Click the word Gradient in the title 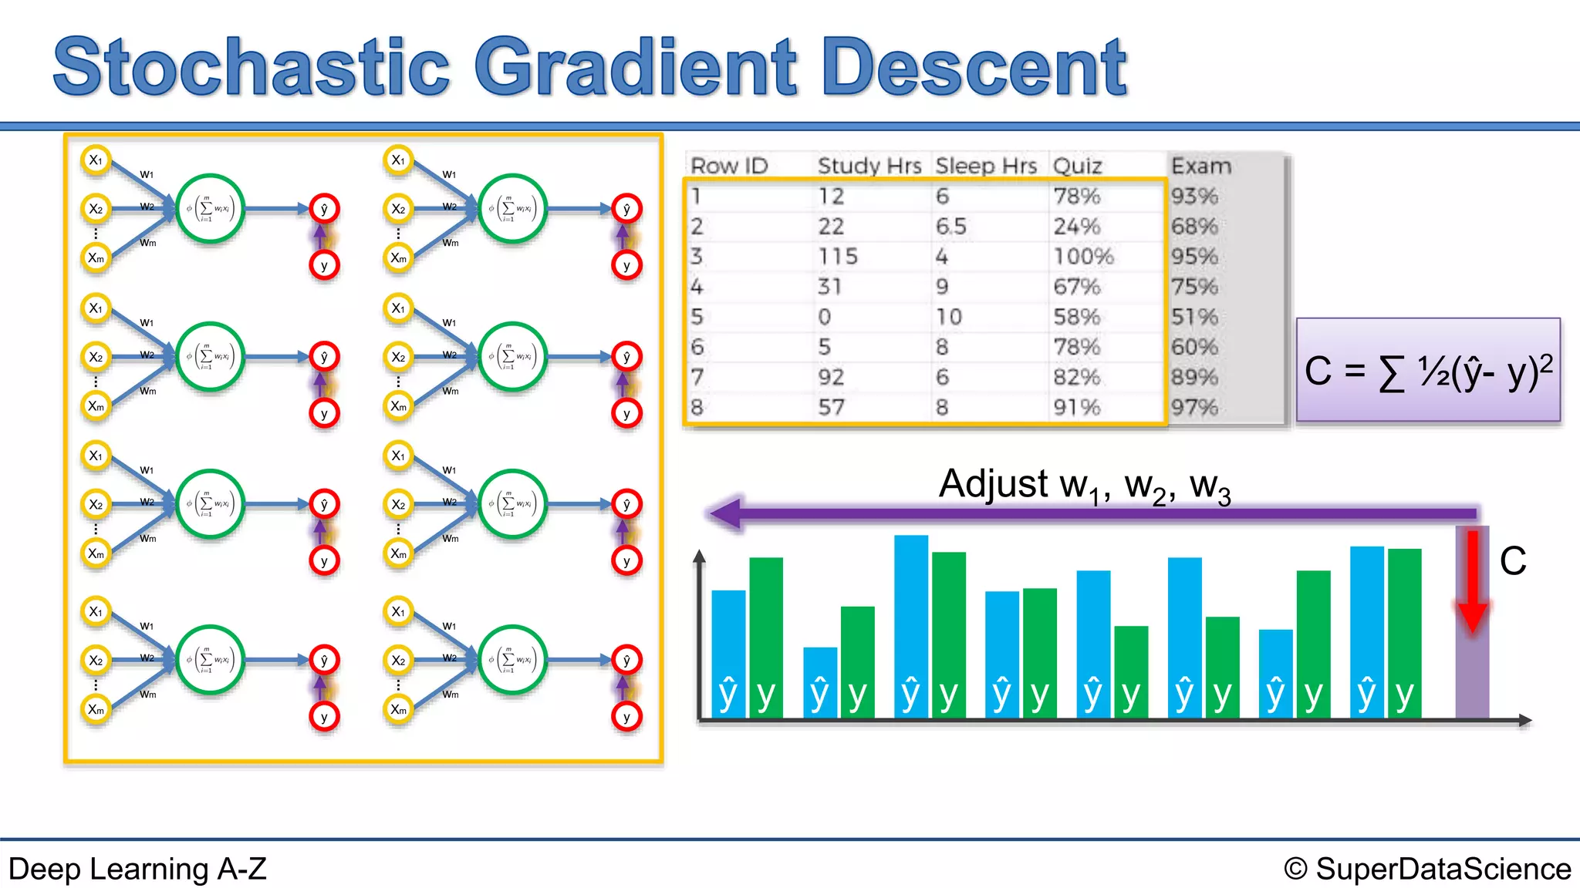click(634, 68)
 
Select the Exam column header click(1200, 166)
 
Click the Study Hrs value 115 click(837, 256)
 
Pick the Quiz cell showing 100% click(1083, 256)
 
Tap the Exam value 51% click(1193, 317)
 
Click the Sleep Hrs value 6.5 click(950, 227)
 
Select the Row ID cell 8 click(697, 407)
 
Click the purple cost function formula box click(1428, 370)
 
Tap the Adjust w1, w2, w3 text click(1084, 486)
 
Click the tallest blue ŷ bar click(910, 624)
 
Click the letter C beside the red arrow click(1512, 560)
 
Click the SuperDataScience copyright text click(1427, 869)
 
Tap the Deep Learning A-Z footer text click(137, 869)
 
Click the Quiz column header click(1077, 166)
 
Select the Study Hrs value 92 click(831, 377)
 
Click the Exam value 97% click(1193, 407)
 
